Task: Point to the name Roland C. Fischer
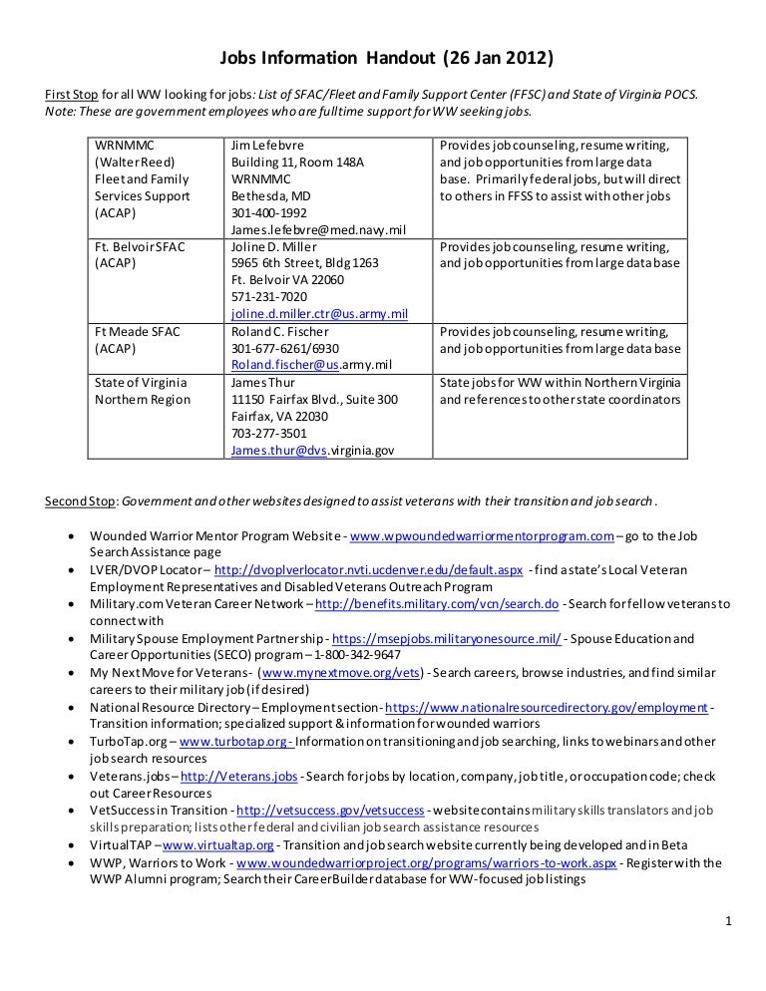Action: click(280, 332)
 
